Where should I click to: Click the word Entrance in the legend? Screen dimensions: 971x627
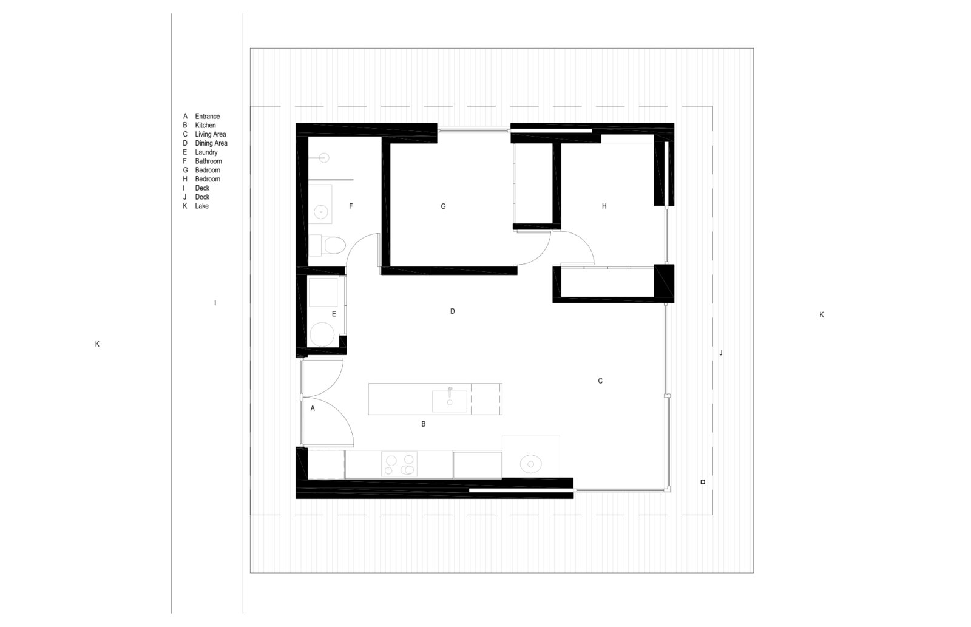click(x=207, y=116)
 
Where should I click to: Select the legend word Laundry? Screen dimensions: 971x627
click(x=206, y=152)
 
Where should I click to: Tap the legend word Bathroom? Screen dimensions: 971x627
click(x=209, y=161)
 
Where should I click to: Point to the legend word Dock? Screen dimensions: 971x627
click(x=202, y=197)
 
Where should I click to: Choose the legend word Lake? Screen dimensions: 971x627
click(x=201, y=206)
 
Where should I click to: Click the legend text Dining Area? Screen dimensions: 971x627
click(x=211, y=143)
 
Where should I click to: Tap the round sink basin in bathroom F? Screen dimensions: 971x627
click(x=321, y=212)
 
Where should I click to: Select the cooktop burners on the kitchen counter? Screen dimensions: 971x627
click(x=399, y=464)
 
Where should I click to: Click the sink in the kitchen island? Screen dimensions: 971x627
click(x=450, y=401)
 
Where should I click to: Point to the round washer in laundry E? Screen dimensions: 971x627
click(x=322, y=334)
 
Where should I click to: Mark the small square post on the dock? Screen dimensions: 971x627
click(x=703, y=482)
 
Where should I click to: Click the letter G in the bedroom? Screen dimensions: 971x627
click(x=443, y=206)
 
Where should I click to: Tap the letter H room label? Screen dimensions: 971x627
click(x=604, y=206)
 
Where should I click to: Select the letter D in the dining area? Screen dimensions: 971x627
click(x=453, y=311)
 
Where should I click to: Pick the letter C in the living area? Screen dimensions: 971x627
click(x=600, y=381)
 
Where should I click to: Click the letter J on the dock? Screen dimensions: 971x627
click(x=721, y=353)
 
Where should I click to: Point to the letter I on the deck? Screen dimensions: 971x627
click(x=215, y=303)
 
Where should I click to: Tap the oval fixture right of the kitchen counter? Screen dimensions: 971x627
click(x=530, y=464)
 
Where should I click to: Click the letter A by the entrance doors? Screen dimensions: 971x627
click(x=313, y=408)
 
